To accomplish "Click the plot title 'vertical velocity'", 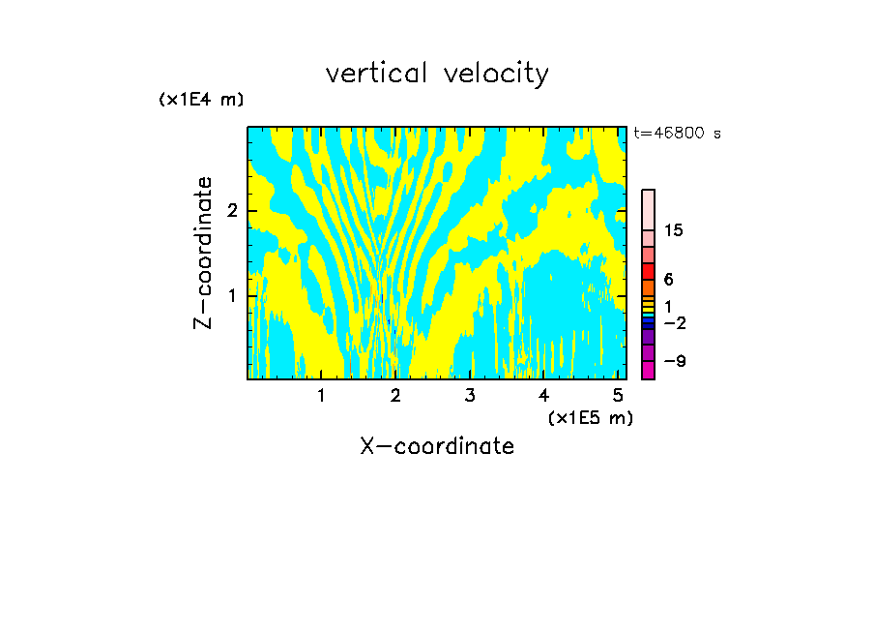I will (437, 74).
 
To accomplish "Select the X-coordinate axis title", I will (437, 446).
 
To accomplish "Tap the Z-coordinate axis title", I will (203, 253).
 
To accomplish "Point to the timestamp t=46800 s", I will (677, 134).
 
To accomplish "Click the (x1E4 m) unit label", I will (201, 100).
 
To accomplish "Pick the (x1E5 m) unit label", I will (590, 417).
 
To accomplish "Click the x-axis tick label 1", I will (321, 395).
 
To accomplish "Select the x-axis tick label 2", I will (395, 395).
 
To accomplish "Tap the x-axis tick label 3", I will (470, 395).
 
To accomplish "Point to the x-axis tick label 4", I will (543, 395).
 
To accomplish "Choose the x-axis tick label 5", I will (618, 395).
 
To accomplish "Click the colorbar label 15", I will (674, 230).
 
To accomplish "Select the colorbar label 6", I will (668, 279).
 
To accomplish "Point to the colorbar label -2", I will (674, 322).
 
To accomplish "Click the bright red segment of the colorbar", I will (648, 271).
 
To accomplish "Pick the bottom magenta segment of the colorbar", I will (648, 370).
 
